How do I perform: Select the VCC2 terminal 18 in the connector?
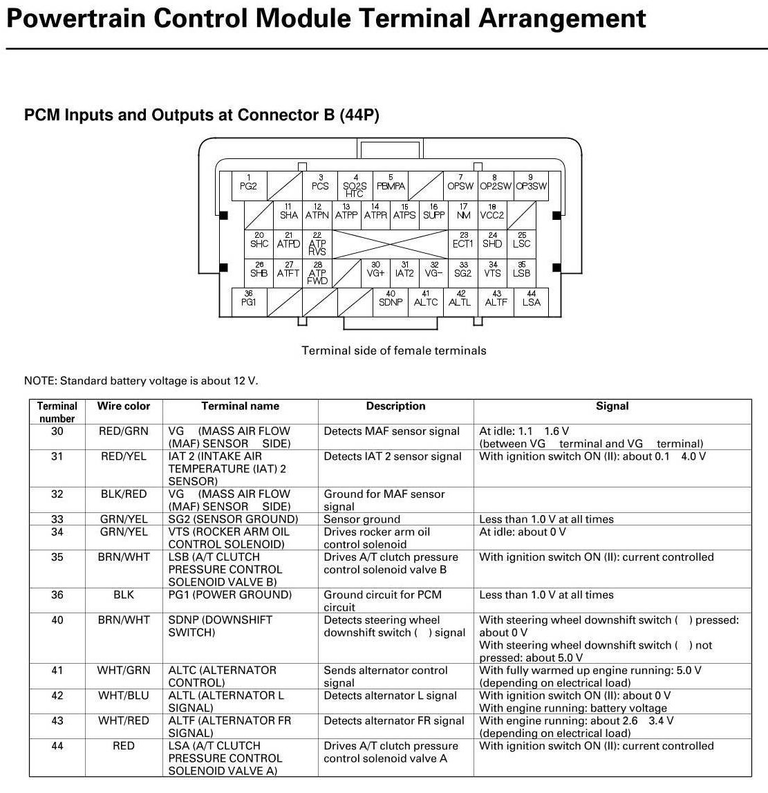[492, 212]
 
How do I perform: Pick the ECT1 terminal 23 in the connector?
[463, 241]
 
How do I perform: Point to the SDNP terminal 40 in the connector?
[391, 300]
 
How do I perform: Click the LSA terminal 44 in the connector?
[532, 300]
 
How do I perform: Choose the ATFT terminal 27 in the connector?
[288, 271]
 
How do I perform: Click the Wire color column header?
[124, 406]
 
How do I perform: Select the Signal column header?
[612, 406]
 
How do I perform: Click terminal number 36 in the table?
[57, 595]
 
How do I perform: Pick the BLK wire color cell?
[124, 595]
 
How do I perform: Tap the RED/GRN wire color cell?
[124, 431]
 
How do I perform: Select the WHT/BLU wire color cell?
[124, 696]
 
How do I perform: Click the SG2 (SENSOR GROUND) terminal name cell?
[233, 519]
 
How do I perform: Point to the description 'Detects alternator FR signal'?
[394, 720]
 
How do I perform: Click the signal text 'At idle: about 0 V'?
[523, 532]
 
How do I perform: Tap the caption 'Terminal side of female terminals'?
[394, 351]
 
